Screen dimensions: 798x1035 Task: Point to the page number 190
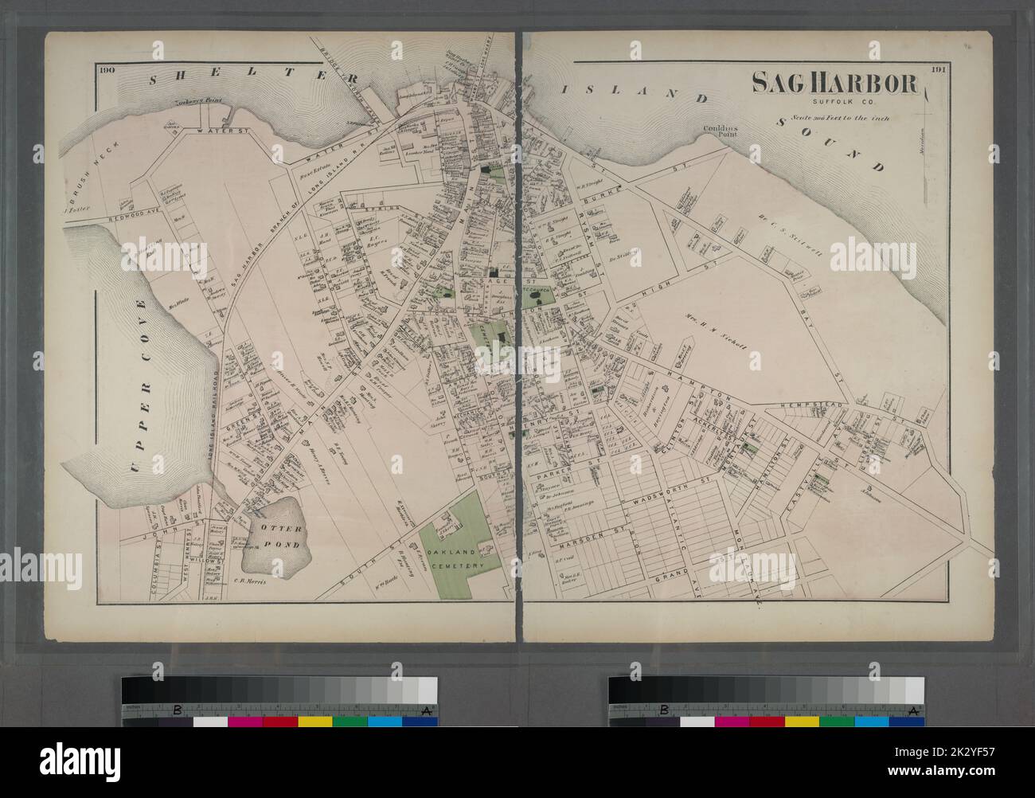(x=108, y=69)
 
